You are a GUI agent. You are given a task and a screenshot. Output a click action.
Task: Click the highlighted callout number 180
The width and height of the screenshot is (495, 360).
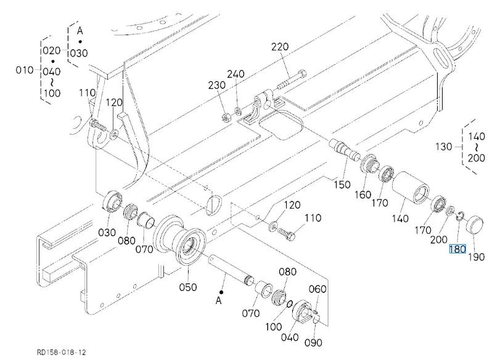457,250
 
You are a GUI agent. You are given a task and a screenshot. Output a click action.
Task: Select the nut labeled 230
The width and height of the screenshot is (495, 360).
226,114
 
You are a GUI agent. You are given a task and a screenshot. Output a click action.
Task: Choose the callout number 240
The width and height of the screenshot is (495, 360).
235,75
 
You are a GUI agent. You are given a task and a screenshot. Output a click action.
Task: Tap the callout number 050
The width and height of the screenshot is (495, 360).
187,287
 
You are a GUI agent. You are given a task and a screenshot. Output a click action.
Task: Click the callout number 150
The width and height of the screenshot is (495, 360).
342,184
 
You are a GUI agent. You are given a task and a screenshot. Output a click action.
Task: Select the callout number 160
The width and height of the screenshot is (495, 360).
362,195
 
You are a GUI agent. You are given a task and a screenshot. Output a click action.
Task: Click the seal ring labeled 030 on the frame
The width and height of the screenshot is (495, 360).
112,200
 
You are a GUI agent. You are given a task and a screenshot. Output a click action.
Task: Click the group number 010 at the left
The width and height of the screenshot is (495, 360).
25,70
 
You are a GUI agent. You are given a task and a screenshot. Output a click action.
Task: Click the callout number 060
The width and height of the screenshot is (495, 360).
317,289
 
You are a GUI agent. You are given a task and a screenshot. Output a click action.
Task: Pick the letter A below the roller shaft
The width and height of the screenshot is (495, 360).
218,301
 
